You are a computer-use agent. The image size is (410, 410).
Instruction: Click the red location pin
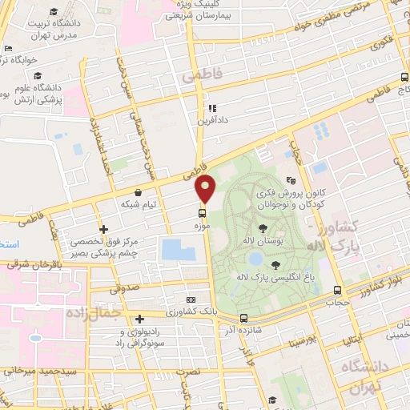(206, 187)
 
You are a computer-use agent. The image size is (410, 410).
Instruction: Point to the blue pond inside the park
(255, 258)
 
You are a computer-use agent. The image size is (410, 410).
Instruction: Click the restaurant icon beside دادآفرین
(211, 108)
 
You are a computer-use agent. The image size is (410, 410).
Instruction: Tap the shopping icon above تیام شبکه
(140, 192)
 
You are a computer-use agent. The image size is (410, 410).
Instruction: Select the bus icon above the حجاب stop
(338, 291)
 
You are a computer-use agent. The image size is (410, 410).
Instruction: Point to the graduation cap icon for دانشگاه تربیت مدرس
(53, 11)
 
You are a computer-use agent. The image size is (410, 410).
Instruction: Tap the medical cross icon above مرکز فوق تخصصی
(103, 229)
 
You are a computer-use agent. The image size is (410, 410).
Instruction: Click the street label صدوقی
(126, 284)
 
